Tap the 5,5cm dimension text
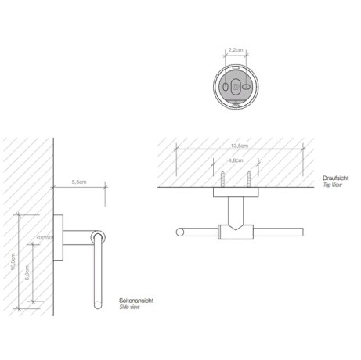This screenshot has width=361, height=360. [78, 182]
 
